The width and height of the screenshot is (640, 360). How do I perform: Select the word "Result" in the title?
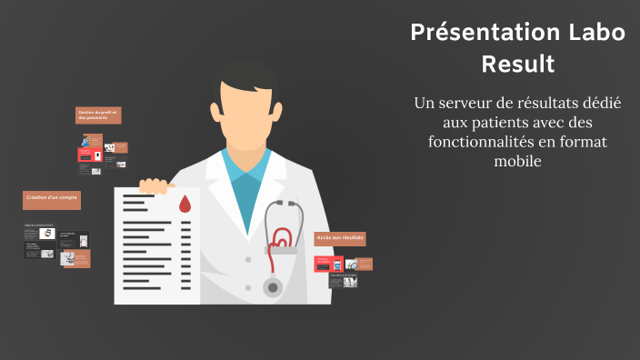pos(517,65)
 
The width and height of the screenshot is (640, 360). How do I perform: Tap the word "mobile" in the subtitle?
pos(517,161)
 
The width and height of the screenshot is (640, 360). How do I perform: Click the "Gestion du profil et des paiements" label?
pos(99,115)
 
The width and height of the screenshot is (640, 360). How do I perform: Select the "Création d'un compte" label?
pos(52,197)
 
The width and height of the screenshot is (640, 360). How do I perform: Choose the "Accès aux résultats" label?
pos(340,238)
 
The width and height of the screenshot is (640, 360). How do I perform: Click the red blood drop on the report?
pos(185,203)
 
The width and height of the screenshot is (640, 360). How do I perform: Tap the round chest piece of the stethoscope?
pos(272,287)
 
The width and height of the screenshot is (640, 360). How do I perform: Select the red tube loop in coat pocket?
pos(282,239)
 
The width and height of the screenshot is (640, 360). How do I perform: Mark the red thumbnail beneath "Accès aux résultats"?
pos(323,263)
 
